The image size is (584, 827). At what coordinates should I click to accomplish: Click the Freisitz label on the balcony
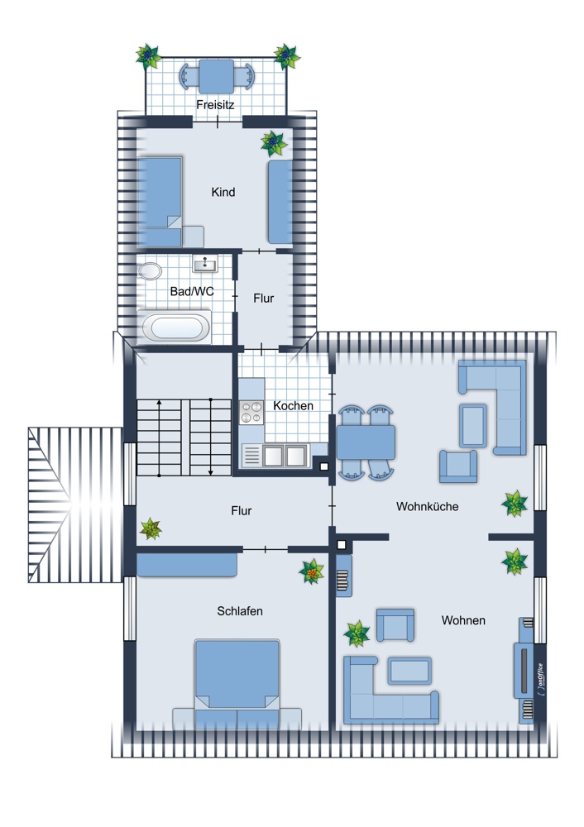pos(215,104)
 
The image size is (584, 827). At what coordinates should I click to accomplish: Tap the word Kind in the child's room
pos(223,192)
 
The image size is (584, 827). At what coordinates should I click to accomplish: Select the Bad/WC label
pos(192,291)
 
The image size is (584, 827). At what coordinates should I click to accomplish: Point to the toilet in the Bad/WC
pos(150,271)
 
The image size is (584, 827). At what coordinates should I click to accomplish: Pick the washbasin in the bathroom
pos(205,264)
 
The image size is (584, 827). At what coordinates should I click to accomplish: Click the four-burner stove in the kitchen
pos(251,413)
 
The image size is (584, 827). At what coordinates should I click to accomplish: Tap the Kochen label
pos(294,405)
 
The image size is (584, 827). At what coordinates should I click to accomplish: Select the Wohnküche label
pos(428,506)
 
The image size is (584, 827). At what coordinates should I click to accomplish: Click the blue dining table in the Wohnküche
pos(366,442)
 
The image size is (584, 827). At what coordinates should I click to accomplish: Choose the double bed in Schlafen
pos(237,684)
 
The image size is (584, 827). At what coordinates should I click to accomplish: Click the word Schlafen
pos(240,611)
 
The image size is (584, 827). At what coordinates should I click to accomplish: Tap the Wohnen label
pos(463,620)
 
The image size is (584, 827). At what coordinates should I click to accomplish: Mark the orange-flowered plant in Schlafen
pos(312,571)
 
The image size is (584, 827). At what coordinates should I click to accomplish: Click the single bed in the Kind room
pos(160,202)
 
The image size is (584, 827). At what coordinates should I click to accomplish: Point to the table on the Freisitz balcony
pos(216,76)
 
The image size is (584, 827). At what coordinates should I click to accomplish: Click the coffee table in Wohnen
pos(410,671)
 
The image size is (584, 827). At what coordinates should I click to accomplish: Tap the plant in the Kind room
pos(274,143)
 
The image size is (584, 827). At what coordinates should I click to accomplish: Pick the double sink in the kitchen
pos(285,456)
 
